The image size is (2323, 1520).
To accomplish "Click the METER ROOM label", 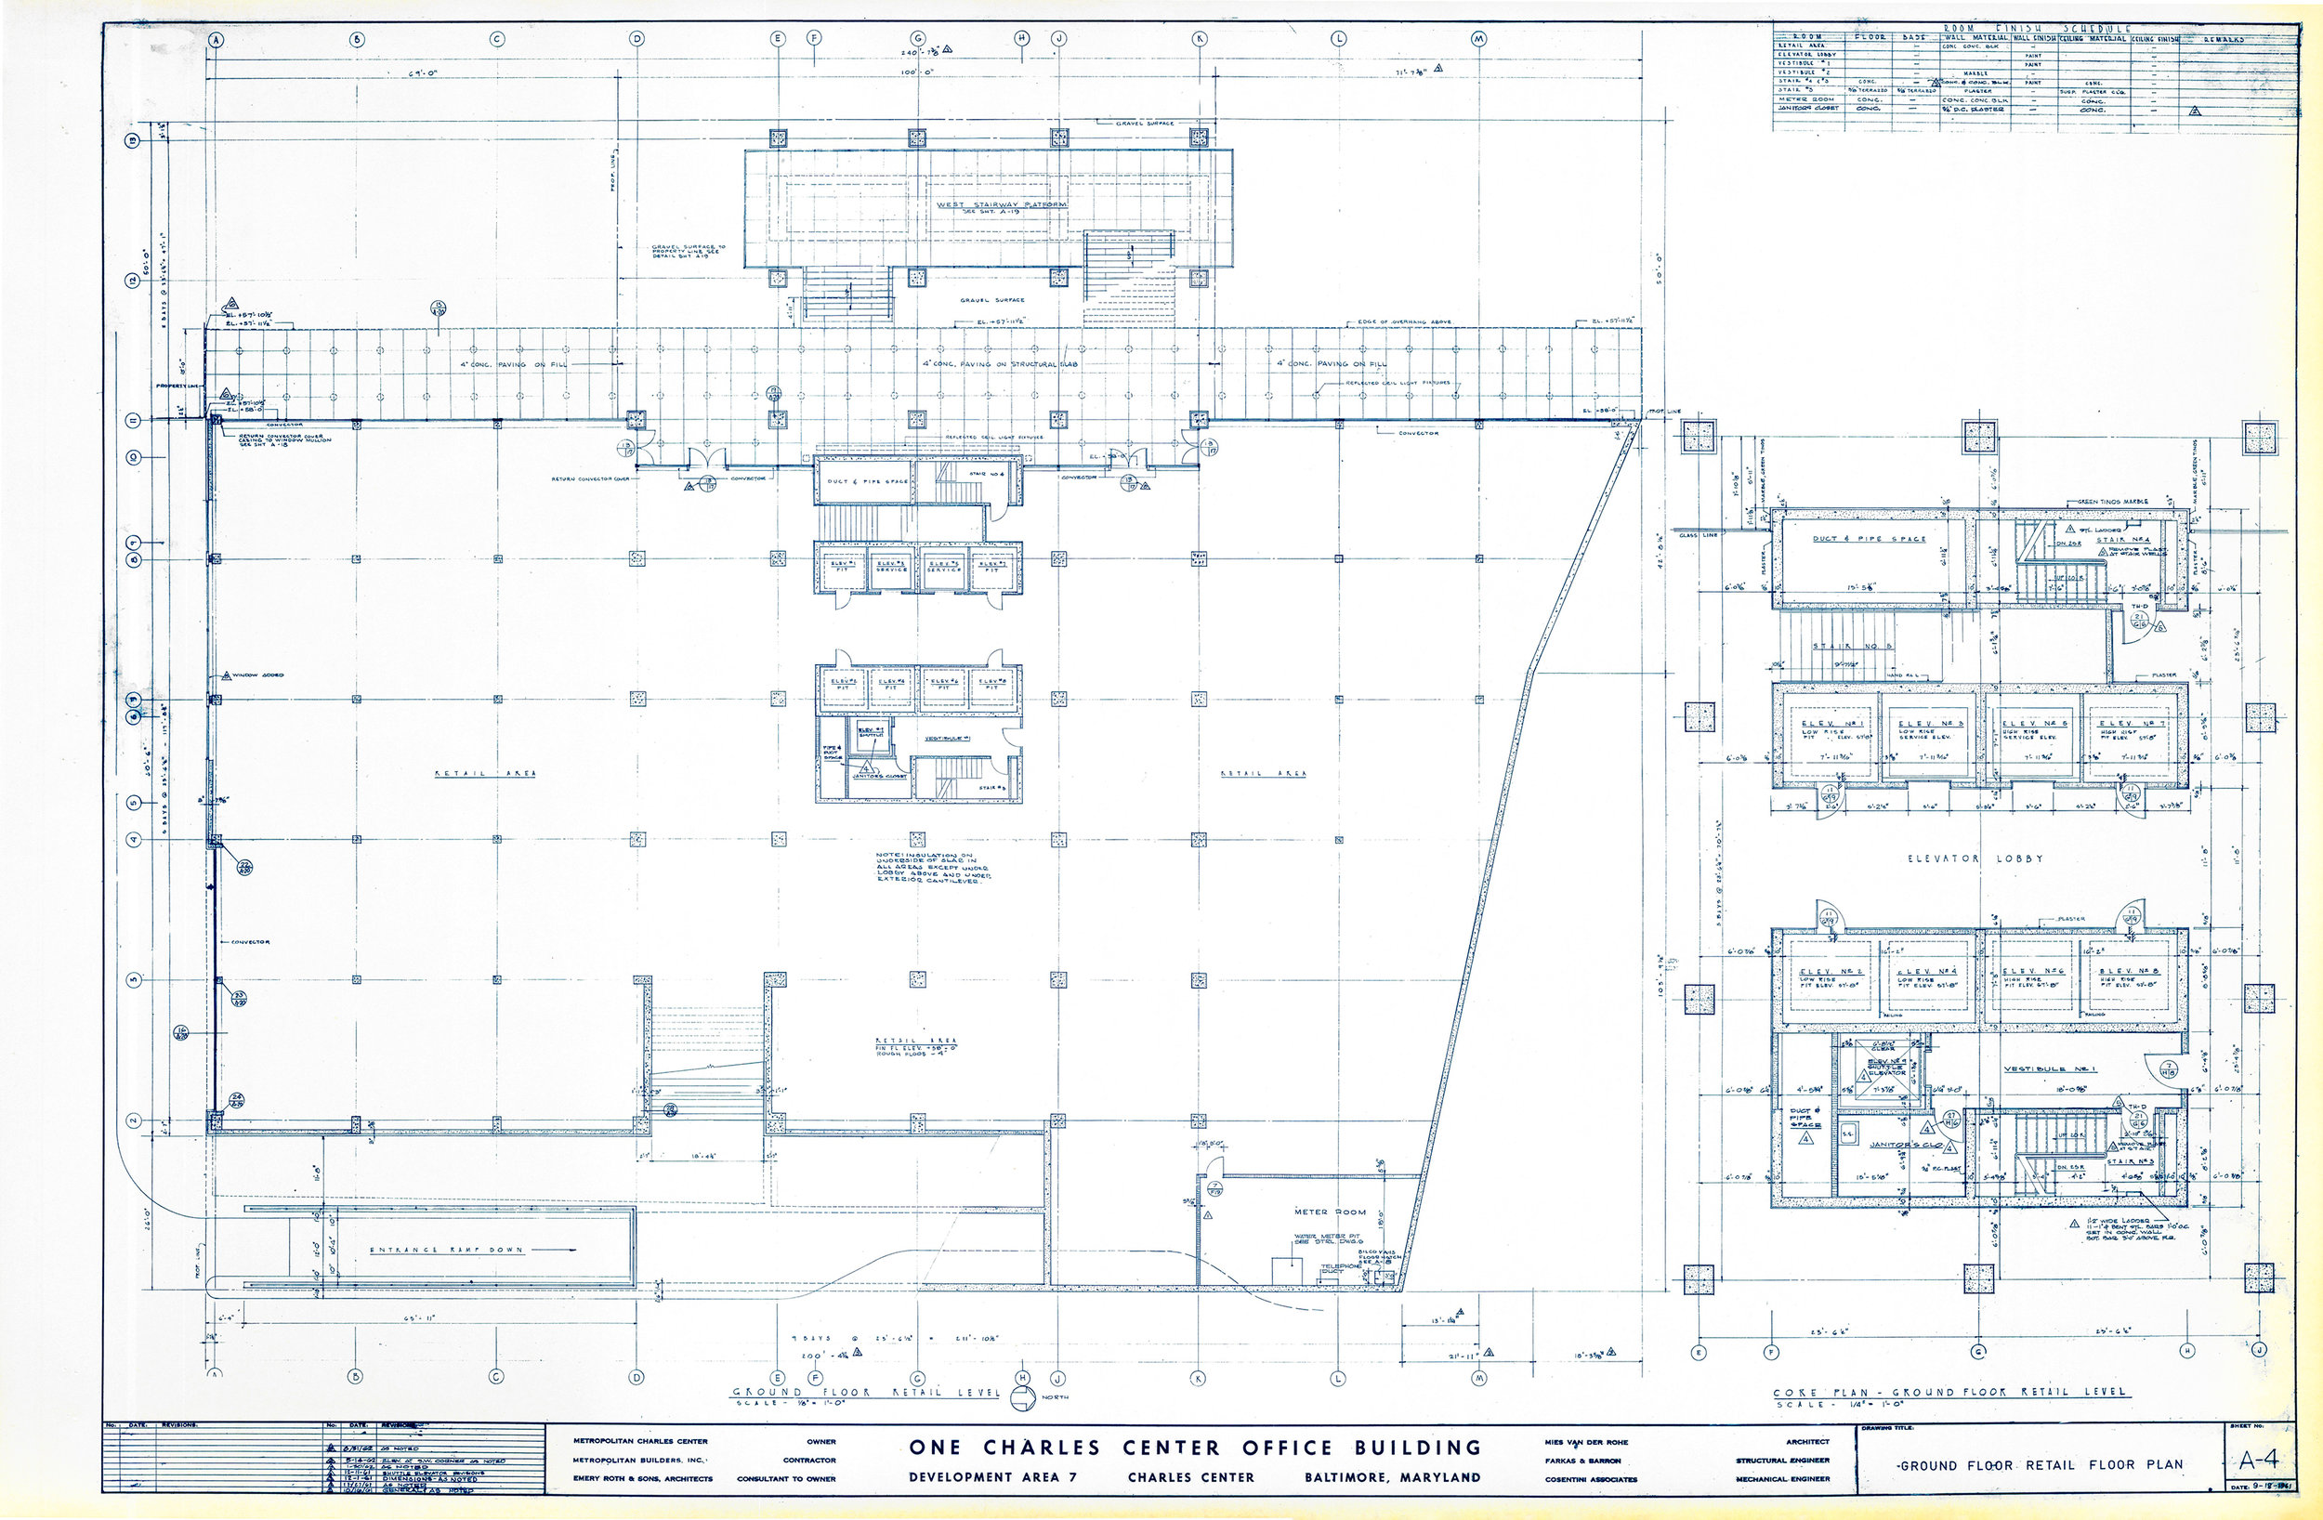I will pos(1324,1212).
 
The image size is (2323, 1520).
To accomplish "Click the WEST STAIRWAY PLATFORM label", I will pos(1001,205).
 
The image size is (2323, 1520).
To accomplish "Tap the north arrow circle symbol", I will pos(1022,1397).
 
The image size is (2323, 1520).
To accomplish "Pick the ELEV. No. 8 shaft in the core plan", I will pos(2127,978).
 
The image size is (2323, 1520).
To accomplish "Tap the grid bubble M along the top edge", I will pos(1478,39).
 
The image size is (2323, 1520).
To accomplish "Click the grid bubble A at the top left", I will pos(216,39).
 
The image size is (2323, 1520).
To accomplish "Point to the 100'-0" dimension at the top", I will pos(917,73).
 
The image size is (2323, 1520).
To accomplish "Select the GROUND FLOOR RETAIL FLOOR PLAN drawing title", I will pos(2038,1464).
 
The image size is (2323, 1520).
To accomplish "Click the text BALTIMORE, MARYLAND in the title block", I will pos(1392,1477).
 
